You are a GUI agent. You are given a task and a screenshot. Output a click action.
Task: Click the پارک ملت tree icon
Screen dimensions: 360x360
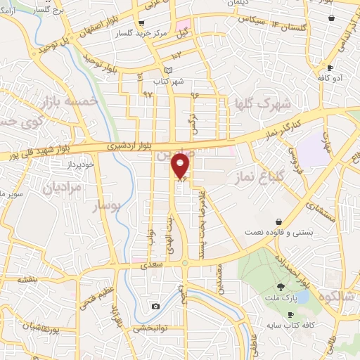[x=281, y=286]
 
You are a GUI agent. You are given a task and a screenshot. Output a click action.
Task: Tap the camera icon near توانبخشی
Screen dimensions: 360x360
[x=155, y=306]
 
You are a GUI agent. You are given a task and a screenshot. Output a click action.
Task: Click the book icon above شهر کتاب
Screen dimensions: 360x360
[x=167, y=70]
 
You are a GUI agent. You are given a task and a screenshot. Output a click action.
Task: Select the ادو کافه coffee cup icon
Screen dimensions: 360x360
[x=330, y=67]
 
